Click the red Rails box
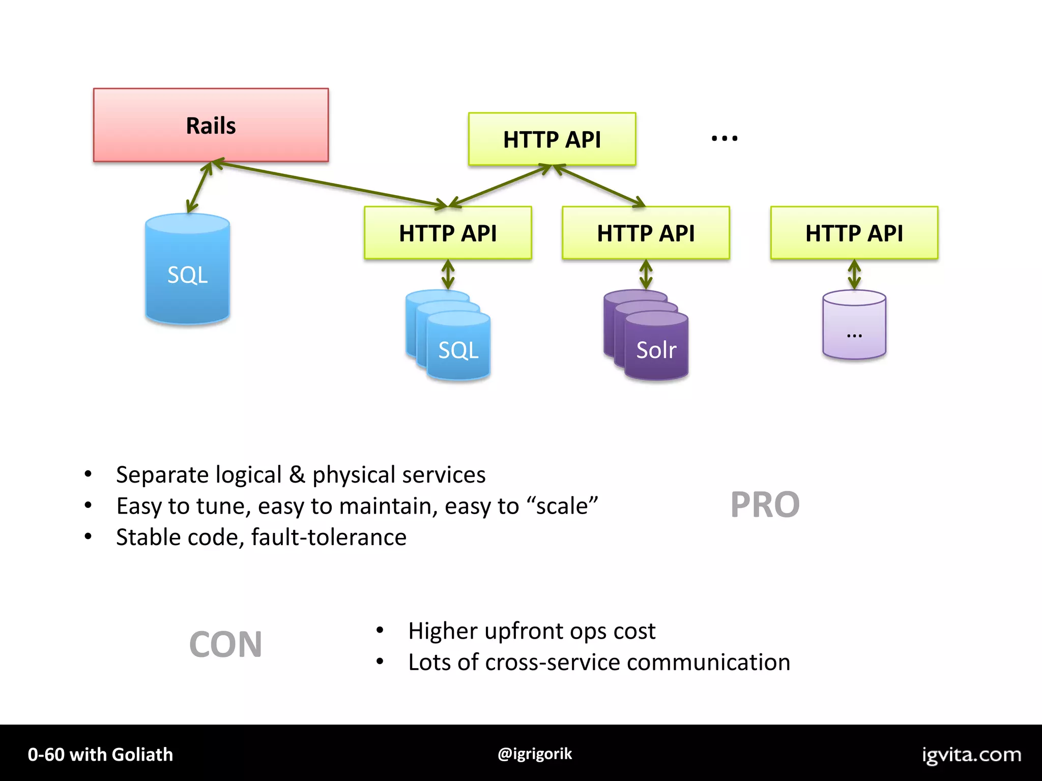[211, 125]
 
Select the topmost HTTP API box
[552, 139]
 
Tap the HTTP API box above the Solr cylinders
[646, 233]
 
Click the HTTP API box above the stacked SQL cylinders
[448, 233]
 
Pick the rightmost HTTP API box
[854, 233]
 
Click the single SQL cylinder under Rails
[187, 269]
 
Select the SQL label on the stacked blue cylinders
[458, 350]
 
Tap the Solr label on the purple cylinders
[656, 350]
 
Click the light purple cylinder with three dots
[854, 325]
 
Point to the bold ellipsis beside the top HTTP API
[725, 138]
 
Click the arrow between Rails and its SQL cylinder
[199, 187]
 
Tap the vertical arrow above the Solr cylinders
[646, 275]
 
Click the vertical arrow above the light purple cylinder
[854, 275]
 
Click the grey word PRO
[765, 505]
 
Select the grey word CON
[225, 645]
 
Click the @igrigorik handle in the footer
[535, 754]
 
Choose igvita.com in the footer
[971, 755]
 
